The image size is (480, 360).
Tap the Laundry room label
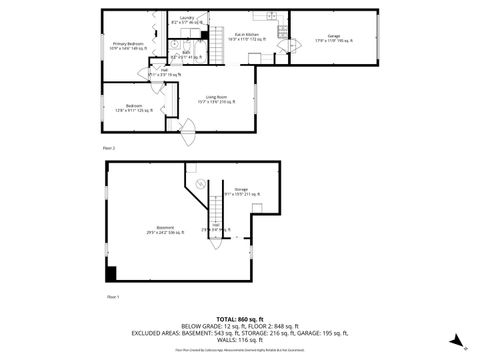tap(187, 19)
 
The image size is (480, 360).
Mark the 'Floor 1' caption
tap(112, 296)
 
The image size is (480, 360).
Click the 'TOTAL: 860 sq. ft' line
tap(240, 318)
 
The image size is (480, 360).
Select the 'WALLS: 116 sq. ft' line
tap(240, 342)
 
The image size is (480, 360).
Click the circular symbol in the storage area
tap(199, 185)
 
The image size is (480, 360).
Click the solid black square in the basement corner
tap(111, 273)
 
